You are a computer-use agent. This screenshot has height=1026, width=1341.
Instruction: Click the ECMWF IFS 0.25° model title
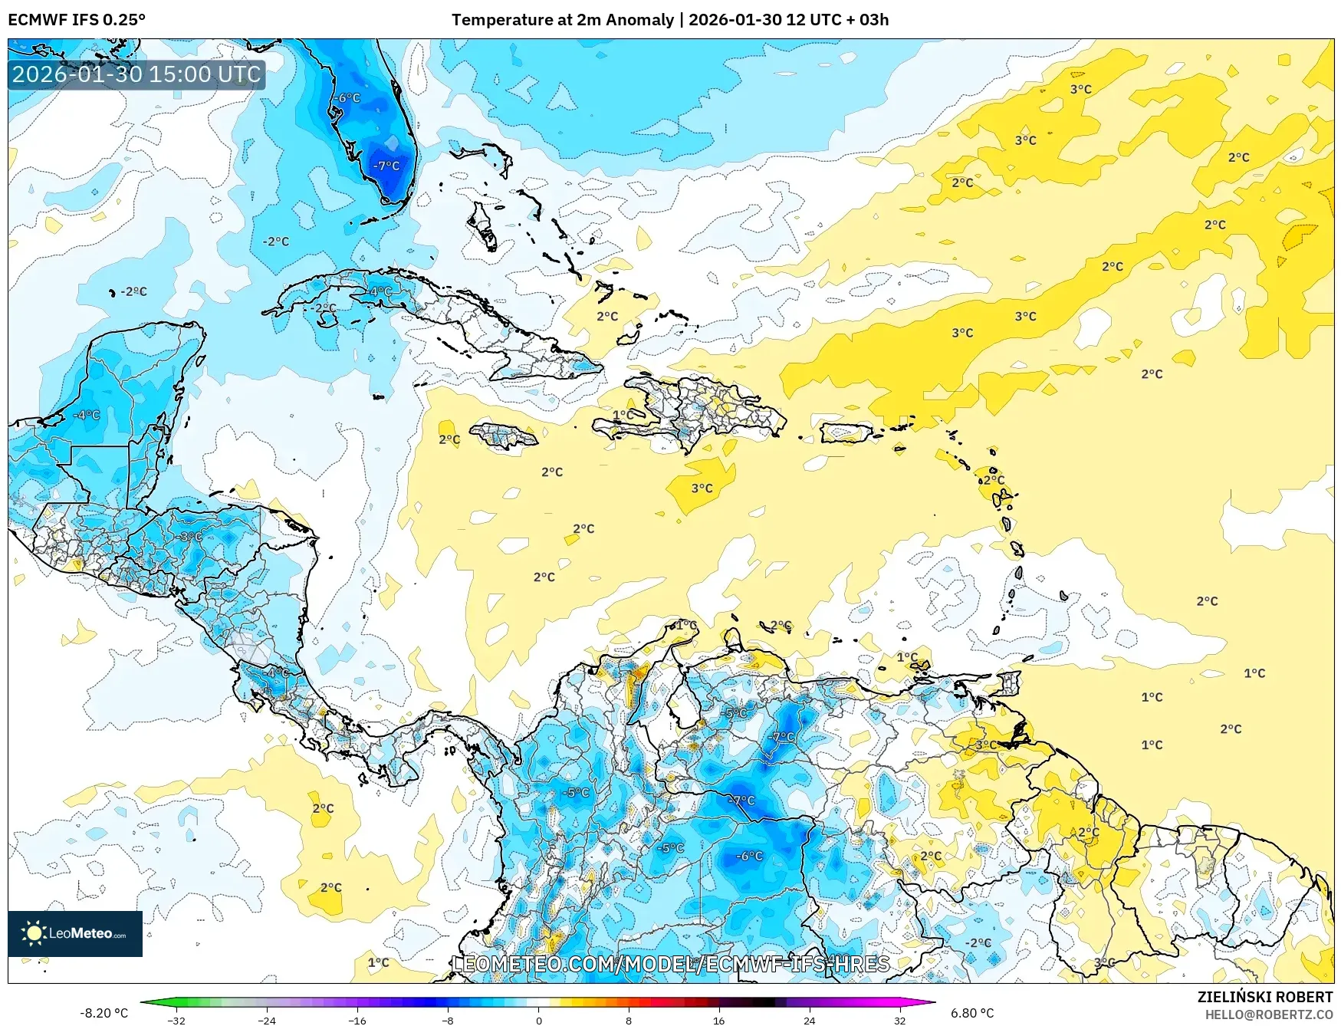pyautogui.click(x=77, y=20)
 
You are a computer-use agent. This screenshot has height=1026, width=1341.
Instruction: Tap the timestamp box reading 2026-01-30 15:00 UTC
pyautogui.click(x=136, y=74)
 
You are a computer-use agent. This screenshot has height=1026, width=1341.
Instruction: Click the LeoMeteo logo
pyautogui.click(x=74, y=933)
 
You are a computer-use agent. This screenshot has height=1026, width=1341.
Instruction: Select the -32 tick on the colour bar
pyautogui.click(x=176, y=1020)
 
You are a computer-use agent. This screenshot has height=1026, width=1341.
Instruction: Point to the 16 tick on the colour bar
pyautogui.click(x=718, y=1020)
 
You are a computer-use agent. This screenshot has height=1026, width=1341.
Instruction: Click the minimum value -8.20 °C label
pyautogui.click(x=104, y=1013)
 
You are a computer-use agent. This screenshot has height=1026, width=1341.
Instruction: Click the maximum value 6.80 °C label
pyautogui.click(x=971, y=1013)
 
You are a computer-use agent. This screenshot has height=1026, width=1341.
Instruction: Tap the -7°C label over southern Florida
pyautogui.click(x=386, y=166)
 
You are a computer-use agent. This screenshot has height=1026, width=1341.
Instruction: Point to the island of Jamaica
pyautogui.click(x=504, y=436)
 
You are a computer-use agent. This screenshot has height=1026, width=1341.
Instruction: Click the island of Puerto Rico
pyautogui.click(x=846, y=433)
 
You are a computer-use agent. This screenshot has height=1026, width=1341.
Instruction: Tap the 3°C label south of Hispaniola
pyautogui.click(x=702, y=488)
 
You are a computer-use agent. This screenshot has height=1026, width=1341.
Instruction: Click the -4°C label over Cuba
pyautogui.click(x=380, y=291)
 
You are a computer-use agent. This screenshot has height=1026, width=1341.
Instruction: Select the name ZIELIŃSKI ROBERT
pyautogui.click(x=1264, y=997)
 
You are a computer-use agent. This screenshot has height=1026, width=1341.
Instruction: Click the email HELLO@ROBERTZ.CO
pyautogui.click(x=1268, y=1014)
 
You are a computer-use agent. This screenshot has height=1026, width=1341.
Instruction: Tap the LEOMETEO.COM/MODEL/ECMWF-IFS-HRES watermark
pyautogui.click(x=671, y=964)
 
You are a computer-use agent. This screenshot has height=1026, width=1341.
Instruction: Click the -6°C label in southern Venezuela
pyautogui.click(x=749, y=856)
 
